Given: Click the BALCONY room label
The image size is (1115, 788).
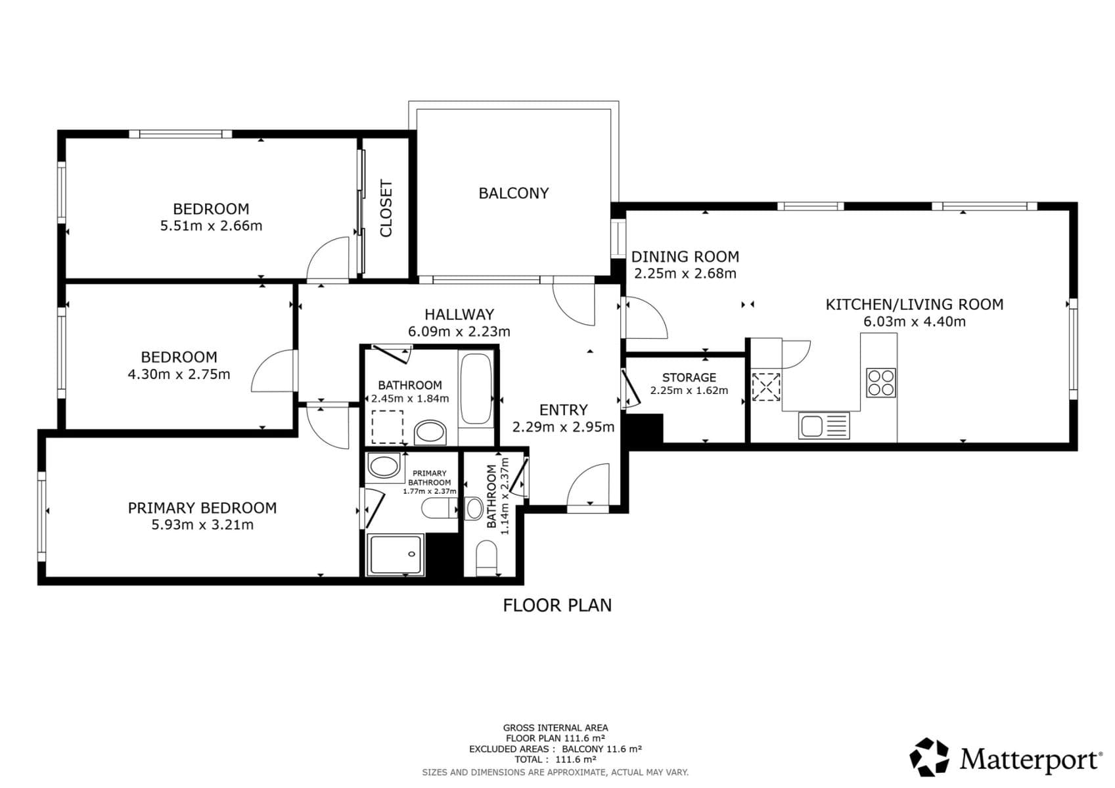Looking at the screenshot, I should (513, 193).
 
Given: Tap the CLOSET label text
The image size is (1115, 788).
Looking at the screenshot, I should (386, 208).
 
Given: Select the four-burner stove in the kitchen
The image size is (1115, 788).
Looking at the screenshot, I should (880, 383).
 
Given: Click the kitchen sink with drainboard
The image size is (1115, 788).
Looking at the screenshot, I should (824, 425).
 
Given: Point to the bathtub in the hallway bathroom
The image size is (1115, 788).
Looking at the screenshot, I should (476, 389).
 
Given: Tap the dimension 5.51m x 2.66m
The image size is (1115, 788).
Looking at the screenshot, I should (211, 226).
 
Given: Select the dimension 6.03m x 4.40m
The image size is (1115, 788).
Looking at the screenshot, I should (914, 322).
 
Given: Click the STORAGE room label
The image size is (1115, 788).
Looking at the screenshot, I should (689, 378).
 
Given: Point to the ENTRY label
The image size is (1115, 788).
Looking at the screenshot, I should (563, 410).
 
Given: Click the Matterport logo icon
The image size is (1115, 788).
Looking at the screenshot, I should (929, 757).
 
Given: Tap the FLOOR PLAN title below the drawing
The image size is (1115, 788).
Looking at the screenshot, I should (557, 605).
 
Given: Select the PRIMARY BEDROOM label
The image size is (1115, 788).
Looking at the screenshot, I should (202, 508).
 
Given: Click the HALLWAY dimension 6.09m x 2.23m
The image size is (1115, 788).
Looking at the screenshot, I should (459, 332).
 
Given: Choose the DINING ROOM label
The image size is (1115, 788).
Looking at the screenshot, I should (685, 257).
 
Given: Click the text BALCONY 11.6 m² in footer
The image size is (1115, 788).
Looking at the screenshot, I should (601, 749).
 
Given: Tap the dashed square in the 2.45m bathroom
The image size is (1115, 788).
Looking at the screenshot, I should (388, 427).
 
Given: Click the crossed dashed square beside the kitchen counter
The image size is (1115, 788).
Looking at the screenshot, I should (766, 387).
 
